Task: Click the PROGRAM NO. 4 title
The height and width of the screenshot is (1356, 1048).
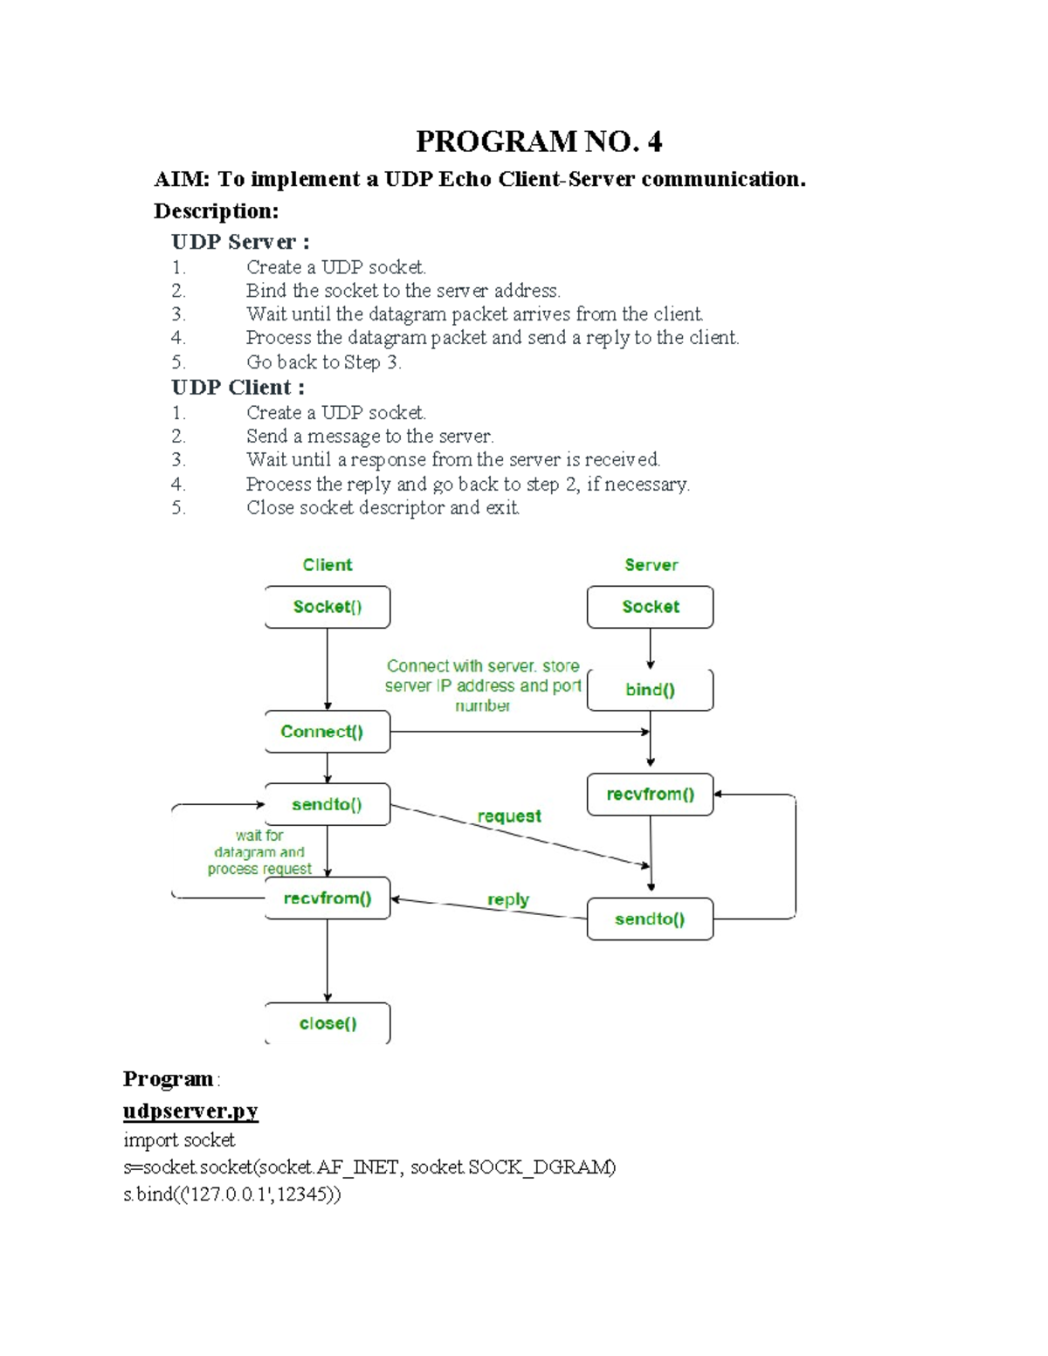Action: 538,141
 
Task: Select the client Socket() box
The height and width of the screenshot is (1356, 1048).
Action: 327,607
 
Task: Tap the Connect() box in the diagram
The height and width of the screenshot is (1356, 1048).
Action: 327,732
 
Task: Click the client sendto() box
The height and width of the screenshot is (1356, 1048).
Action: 327,804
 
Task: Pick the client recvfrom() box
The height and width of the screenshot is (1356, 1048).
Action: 327,898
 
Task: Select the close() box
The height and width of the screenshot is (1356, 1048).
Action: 327,1023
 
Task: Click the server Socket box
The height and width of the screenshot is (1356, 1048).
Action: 650,607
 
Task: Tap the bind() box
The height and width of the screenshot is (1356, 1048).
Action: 650,690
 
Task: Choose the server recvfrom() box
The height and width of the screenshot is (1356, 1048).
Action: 650,795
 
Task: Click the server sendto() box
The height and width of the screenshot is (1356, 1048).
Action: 650,919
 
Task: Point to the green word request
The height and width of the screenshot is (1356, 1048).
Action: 509,816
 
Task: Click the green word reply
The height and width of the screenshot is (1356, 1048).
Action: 508,899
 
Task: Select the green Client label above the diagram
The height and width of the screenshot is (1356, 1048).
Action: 327,565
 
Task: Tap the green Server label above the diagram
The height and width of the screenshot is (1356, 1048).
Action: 651,565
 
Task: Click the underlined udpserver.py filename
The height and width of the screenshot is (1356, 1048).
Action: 190,1111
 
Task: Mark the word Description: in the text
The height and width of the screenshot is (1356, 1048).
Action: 216,211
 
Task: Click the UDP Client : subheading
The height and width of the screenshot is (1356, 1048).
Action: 238,388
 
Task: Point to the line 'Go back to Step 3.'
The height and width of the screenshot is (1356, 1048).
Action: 323,362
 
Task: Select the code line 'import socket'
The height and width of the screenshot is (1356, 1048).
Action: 179,1140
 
